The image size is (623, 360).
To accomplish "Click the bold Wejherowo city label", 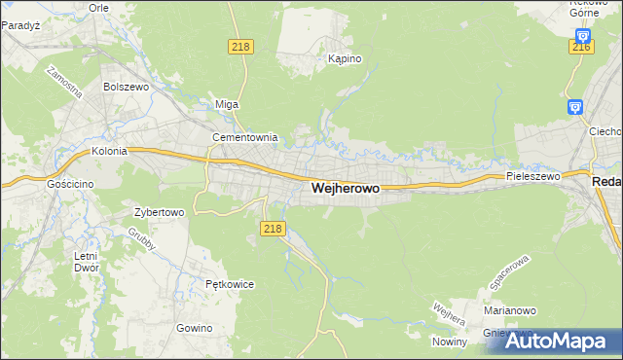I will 345,189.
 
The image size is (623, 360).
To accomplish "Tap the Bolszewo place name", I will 124,86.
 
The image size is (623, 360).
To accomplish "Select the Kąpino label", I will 345,58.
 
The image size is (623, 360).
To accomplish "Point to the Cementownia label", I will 246,138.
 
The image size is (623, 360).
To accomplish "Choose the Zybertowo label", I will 159,212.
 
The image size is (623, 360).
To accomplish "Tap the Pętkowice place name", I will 230,284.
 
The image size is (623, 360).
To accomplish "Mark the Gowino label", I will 195,328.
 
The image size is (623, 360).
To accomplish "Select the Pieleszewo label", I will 533,177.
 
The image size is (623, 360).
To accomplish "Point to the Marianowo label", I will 510,311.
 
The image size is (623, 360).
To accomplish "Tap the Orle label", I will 98,6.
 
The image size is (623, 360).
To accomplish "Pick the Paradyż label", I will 19,26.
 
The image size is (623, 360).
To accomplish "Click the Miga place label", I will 226,104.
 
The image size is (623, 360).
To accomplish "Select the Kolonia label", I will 110,152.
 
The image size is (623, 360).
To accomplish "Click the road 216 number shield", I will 582,47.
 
